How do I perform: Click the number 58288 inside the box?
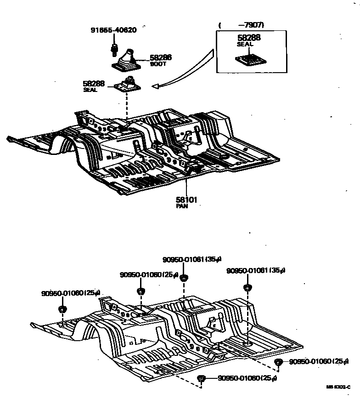coord(248,38)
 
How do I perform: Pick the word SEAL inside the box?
coord(245,45)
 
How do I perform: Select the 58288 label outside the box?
coord(94,84)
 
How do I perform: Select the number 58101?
coord(186,200)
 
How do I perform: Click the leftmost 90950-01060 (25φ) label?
coord(71,293)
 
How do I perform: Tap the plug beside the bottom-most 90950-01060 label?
coord(201,378)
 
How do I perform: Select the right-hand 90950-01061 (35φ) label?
coord(256,270)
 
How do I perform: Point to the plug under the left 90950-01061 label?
coord(184,277)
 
